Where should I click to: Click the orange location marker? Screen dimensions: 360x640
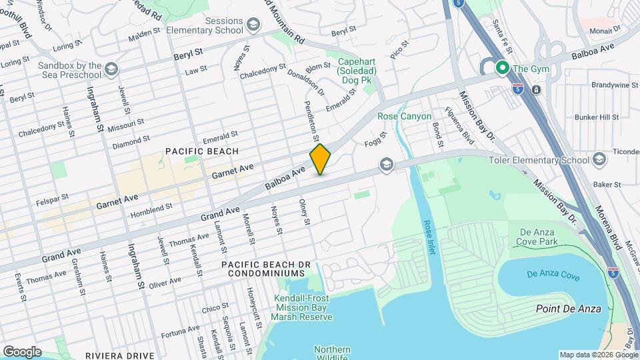coord(321,159)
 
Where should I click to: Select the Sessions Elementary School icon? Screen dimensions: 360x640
coord(253,25)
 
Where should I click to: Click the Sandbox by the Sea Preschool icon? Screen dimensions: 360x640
coord(111,69)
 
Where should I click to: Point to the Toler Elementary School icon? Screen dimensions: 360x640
coord(599,159)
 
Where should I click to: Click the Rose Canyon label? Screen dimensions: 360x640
coord(401,116)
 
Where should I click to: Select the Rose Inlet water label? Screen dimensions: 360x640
coord(428,237)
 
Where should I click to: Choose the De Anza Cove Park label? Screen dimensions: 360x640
coord(538,237)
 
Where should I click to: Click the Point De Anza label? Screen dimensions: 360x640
coord(569,309)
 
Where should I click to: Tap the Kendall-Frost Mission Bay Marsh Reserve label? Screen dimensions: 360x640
coord(303,307)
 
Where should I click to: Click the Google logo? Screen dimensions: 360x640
coord(22,351)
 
